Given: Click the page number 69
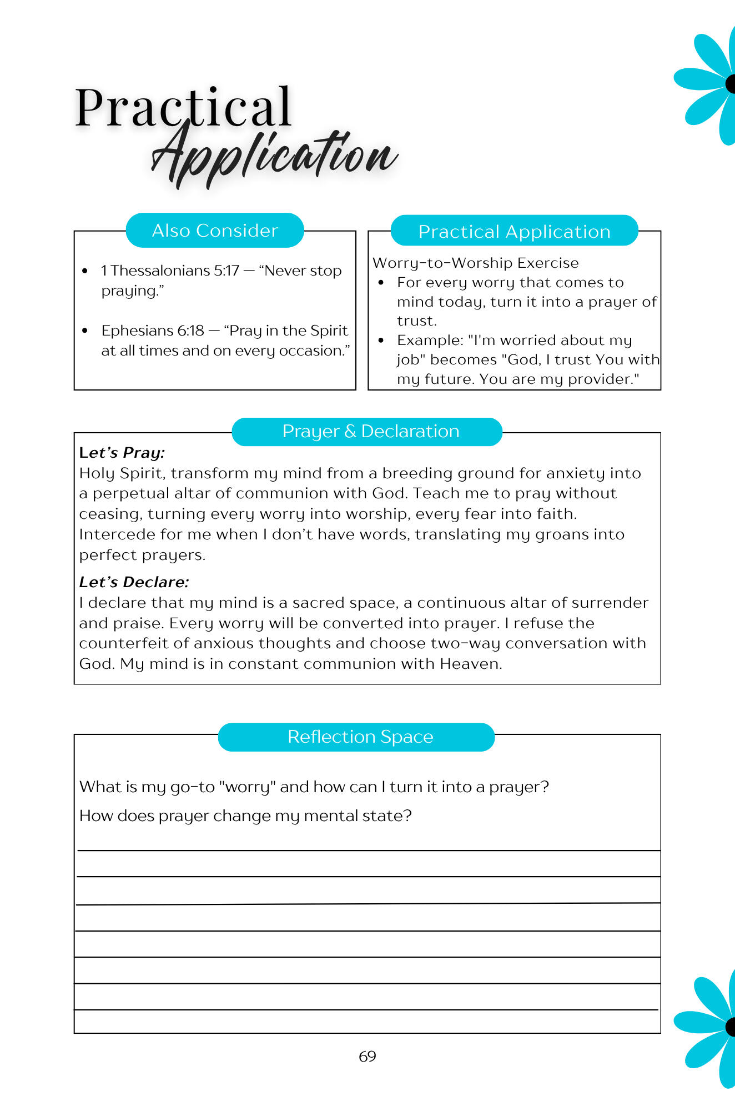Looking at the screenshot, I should point(367,1056).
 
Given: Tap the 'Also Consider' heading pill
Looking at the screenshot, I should point(215,231).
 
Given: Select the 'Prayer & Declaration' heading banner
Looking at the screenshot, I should point(367,432).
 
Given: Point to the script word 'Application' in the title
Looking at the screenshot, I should point(275,155).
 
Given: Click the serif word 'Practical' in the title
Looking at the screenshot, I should point(183,107).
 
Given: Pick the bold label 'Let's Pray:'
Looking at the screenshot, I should point(122,453).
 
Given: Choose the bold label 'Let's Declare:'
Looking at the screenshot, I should point(134,582).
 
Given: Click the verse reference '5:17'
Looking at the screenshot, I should point(227,271).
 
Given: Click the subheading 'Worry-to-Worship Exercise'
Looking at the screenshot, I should point(475,263).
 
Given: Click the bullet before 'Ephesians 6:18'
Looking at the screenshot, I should point(85,331).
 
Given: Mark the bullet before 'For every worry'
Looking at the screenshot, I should point(381,283).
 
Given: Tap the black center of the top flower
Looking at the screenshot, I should point(731,84).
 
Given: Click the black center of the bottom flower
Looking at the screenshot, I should point(731,1027).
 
